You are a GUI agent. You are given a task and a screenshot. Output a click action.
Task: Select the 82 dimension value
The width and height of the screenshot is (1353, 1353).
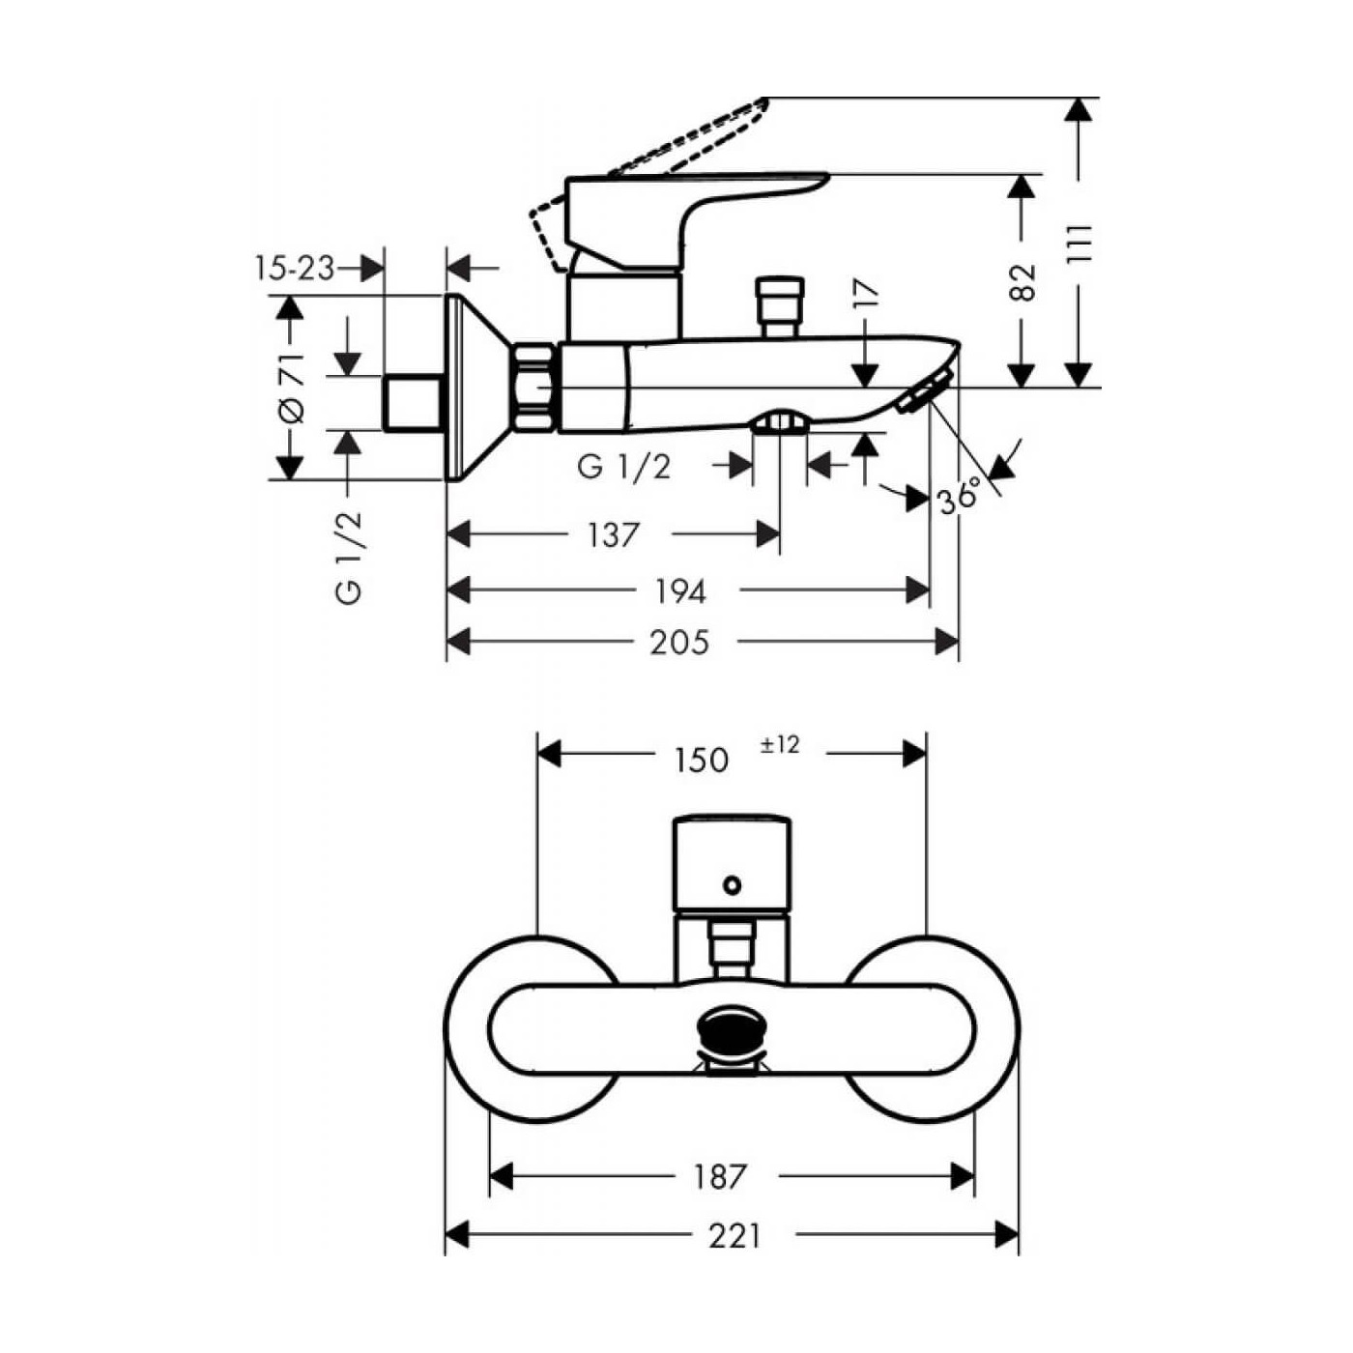[1022, 281]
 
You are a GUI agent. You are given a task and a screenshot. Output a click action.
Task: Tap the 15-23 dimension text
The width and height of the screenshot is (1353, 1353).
[295, 268]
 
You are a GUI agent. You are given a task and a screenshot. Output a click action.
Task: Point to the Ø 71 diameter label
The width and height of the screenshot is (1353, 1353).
[291, 387]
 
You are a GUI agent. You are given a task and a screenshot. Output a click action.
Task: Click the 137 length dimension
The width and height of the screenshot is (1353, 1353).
[614, 534]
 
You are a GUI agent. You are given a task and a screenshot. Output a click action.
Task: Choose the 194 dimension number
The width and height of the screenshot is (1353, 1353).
[680, 591]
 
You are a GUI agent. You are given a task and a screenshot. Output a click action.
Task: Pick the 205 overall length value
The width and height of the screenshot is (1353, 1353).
[679, 643]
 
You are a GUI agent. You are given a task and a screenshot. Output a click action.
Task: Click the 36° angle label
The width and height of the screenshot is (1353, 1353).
[960, 497]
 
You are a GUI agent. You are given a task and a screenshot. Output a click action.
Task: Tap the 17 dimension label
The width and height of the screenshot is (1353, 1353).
[867, 293]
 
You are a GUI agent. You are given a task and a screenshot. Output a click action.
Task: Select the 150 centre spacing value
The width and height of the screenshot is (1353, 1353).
[702, 761]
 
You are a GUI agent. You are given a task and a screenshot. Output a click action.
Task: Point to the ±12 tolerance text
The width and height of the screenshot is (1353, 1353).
[780, 745]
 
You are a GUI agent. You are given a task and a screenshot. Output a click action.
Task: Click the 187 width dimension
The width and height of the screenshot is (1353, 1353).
[720, 1177]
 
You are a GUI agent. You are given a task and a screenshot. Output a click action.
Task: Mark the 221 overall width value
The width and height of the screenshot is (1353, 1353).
[734, 1236]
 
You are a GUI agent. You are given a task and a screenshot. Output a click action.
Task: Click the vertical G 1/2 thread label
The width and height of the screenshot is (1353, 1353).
[349, 558]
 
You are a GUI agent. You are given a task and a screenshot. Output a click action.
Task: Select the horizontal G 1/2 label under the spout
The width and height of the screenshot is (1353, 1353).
[623, 467]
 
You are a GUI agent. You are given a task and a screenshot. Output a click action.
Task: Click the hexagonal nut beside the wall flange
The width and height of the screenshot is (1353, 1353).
[534, 387]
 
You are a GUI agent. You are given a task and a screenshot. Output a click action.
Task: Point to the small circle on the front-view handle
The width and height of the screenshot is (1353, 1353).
[732, 883]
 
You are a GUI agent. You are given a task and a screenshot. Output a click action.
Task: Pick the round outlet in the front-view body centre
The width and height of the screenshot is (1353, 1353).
[732, 1026]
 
